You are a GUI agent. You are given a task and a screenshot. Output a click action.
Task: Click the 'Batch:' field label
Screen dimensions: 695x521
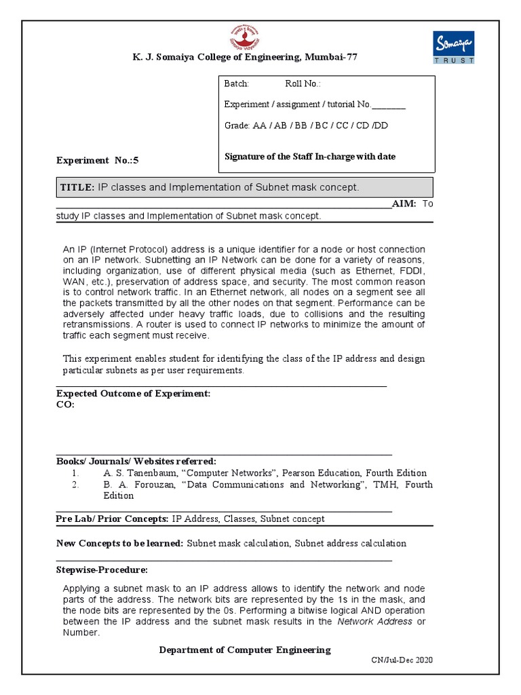coord(237,84)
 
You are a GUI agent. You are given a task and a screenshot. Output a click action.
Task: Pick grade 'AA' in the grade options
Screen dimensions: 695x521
coord(259,126)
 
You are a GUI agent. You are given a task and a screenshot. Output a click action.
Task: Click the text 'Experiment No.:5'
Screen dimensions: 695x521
coord(97,161)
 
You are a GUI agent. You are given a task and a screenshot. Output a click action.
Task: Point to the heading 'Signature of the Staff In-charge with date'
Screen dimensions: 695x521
coord(309,157)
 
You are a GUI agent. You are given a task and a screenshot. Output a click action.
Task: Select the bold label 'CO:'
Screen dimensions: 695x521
coord(65,405)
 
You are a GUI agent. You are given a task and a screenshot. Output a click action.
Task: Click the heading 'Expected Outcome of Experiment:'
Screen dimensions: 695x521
coord(133,394)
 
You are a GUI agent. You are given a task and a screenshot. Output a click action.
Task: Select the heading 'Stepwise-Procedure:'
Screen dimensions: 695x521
coord(102,569)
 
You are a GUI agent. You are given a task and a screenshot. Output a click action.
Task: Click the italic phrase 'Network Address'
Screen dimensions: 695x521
coord(374,622)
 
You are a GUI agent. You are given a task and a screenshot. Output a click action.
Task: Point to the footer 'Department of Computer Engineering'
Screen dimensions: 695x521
coord(245,650)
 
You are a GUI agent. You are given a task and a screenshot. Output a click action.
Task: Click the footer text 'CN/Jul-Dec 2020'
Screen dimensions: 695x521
coord(402,660)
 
